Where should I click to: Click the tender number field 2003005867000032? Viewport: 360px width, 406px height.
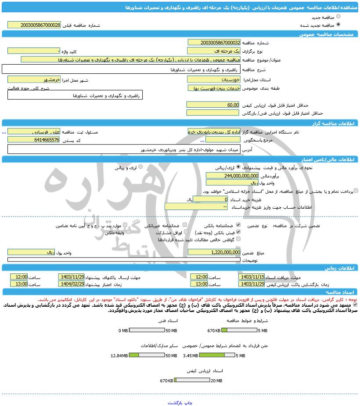tap(214, 43)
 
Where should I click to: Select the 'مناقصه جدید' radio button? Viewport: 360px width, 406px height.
tap(338, 17)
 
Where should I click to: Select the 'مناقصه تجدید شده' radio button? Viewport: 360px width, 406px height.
tap(338, 25)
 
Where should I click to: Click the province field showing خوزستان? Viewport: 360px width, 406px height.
tap(214, 80)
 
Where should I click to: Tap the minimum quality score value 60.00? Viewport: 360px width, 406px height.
tap(213, 105)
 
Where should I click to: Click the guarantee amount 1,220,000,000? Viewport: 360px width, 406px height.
tap(214, 252)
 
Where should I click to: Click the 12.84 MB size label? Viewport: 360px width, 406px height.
tap(119, 356)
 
